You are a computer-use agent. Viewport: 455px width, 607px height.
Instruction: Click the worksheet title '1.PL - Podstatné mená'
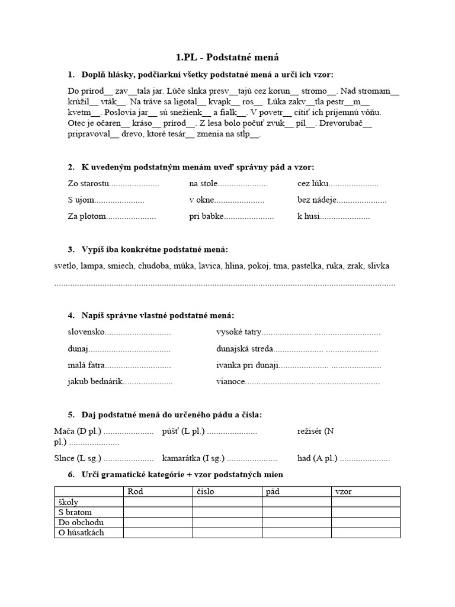click(227, 57)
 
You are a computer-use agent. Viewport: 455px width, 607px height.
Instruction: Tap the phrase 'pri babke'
click(206, 216)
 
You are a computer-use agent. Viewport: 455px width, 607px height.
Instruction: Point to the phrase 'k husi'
click(308, 216)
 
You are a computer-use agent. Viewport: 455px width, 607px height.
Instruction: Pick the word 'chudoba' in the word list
click(155, 266)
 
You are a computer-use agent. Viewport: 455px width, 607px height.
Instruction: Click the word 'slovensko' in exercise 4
click(86, 333)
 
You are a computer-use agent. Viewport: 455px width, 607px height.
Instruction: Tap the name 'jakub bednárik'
click(95, 381)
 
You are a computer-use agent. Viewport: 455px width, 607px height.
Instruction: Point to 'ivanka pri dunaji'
click(248, 365)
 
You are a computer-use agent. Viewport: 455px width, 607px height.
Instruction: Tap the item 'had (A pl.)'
click(318, 458)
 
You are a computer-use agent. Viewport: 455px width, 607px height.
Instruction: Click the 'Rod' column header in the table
click(134, 491)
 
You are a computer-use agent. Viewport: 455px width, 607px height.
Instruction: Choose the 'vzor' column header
click(343, 491)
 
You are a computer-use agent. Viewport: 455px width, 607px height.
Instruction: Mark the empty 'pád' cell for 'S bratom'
click(296, 512)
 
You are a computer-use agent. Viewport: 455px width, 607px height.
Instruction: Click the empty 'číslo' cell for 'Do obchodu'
click(227, 522)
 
